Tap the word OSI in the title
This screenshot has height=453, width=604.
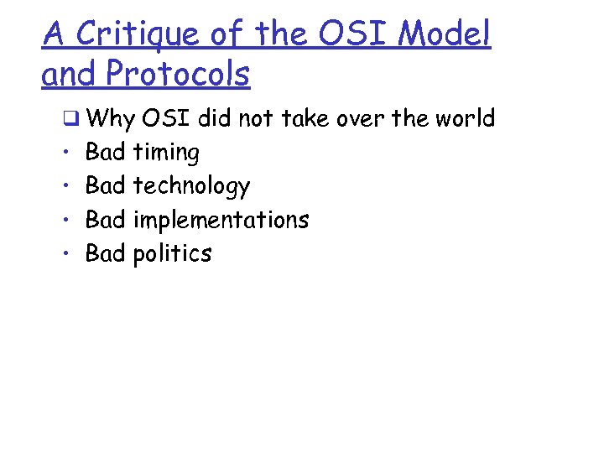[x=347, y=34]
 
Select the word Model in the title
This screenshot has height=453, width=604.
[x=444, y=34]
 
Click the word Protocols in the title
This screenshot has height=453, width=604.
[x=178, y=74]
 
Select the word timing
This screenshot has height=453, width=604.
[x=166, y=154]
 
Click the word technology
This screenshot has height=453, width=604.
[x=191, y=187]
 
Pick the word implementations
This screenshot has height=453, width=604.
[x=221, y=220]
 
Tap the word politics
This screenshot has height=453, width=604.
[x=172, y=253]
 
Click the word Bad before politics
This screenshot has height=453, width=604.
[x=106, y=253]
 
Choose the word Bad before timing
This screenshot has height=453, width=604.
[x=106, y=153]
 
